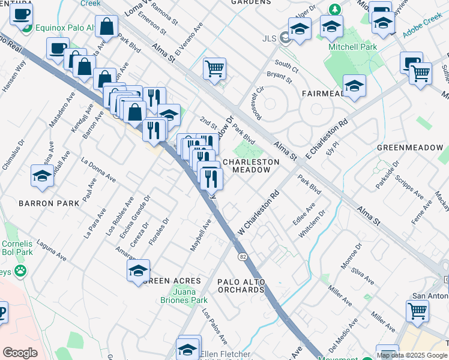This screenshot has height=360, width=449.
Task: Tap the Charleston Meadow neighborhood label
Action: tap(252, 166)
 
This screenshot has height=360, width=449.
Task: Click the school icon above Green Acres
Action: tap(139, 271)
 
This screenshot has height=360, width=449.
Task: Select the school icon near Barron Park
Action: tap(43, 175)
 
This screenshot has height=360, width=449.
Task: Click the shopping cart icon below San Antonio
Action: tap(418, 310)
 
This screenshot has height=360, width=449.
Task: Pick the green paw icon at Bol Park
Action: tap(21, 270)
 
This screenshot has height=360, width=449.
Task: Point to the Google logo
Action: tap(20, 353)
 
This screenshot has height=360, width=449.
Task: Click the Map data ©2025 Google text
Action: tap(412, 355)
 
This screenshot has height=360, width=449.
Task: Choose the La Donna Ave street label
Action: tap(99, 170)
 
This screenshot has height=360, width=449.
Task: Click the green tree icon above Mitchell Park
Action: tap(336, 10)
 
